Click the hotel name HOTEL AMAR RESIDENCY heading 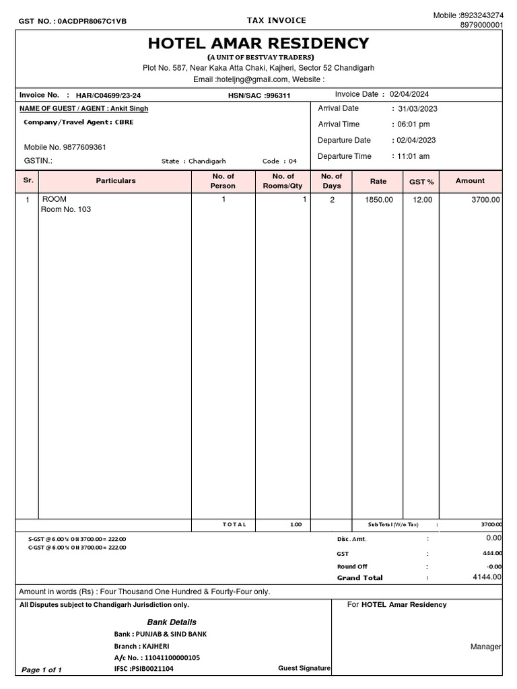(x=258, y=44)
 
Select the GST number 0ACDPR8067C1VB (x=92, y=22)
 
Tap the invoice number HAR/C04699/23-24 (x=108, y=96)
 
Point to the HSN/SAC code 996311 (x=278, y=96)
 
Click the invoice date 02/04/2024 (x=409, y=95)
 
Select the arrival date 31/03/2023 (x=417, y=108)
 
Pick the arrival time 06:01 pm (x=414, y=124)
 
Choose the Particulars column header (x=116, y=181)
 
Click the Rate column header (x=378, y=181)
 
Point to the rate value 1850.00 (x=378, y=200)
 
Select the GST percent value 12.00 (x=422, y=200)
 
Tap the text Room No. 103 (x=66, y=209)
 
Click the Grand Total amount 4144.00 (x=487, y=577)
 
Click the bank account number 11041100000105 (x=171, y=657)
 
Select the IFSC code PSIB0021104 (x=153, y=669)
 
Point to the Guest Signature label (x=304, y=668)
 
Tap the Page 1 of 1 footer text (x=42, y=670)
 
